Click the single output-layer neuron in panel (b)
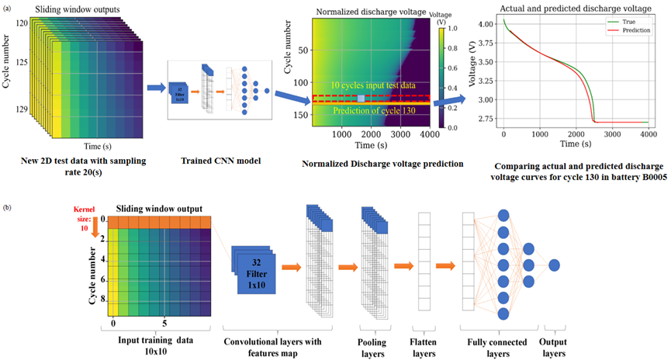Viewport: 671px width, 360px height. pos(555,265)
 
